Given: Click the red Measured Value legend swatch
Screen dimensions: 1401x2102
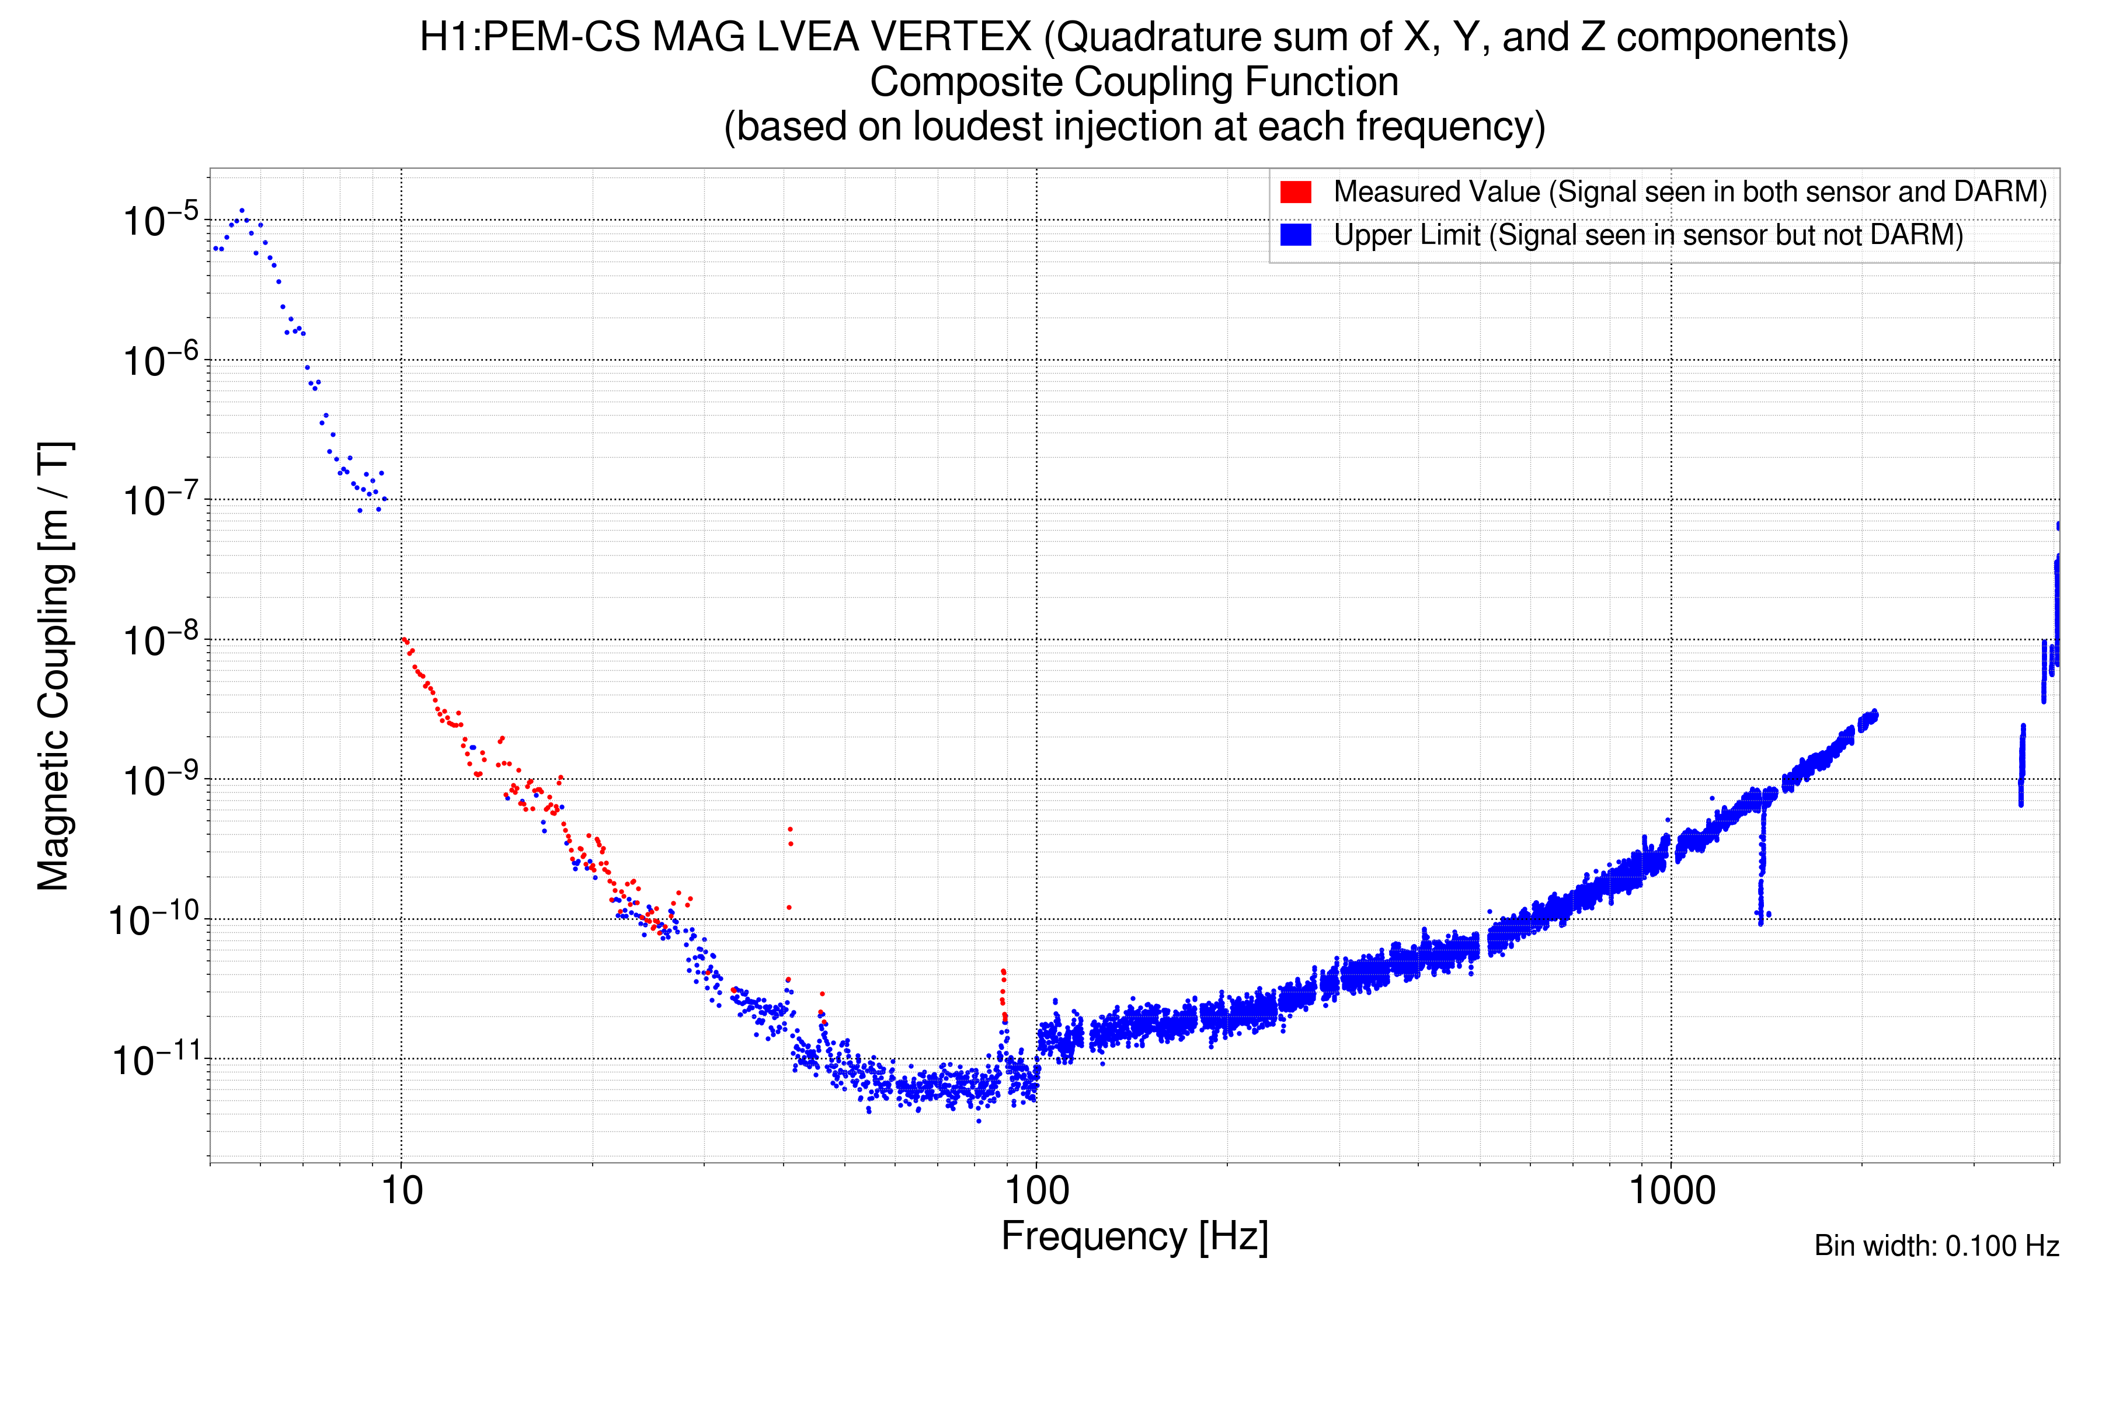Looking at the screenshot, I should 1295,192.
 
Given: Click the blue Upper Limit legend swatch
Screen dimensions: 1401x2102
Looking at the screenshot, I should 1295,235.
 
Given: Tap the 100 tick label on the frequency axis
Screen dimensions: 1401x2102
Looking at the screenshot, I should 1037,1191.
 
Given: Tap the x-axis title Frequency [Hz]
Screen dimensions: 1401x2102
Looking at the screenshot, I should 1134,1236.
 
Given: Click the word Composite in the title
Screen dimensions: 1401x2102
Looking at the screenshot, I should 966,82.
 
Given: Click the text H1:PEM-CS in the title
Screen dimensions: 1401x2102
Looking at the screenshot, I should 530,37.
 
